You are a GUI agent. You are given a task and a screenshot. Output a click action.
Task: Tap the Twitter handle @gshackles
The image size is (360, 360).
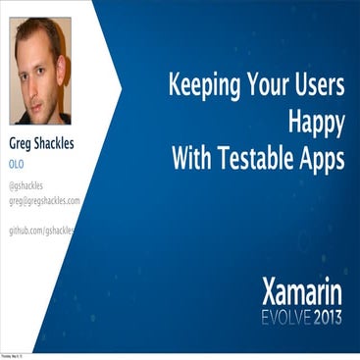coord(27,185)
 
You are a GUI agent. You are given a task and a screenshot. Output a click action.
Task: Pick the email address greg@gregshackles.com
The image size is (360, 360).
coord(44,200)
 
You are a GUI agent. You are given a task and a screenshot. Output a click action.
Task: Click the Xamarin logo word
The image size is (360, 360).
coord(302,290)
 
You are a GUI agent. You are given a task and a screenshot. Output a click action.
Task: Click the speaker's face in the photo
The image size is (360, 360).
coord(41,78)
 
